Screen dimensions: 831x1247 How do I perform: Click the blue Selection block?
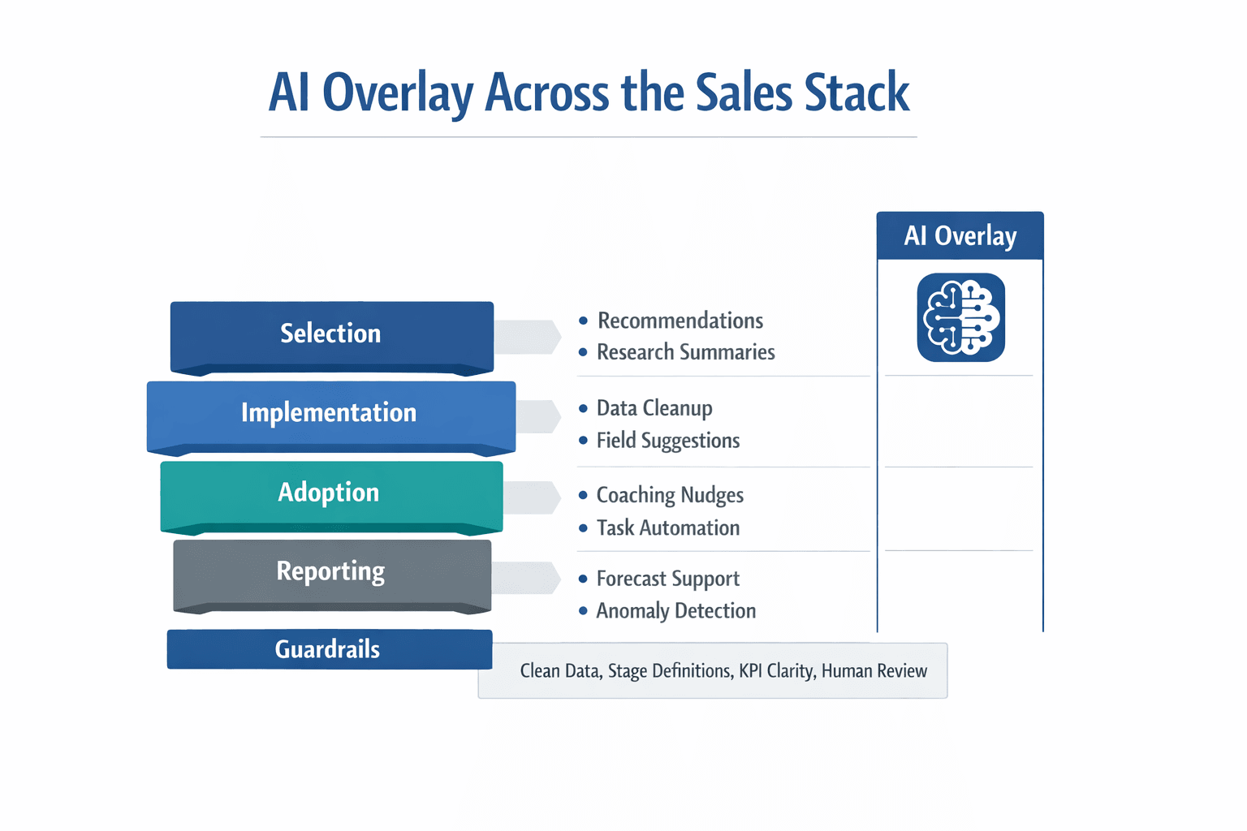[x=331, y=334]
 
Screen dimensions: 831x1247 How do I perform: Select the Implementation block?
[x=330, y=413]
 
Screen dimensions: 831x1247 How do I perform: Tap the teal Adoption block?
[x=330, y=493]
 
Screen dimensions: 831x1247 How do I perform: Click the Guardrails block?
[x=329, y=649]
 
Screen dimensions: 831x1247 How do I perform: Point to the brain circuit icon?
[x=960, y=317]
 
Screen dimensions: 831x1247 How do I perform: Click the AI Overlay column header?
[x=960, y=236]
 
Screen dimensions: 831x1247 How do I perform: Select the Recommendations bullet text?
[x=680, y=321]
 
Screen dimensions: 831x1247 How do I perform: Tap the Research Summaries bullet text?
[x=685, y=352]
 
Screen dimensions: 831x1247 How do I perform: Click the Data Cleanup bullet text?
[x=654, y=408]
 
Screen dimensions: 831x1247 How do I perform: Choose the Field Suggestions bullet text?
[x=667, y=441]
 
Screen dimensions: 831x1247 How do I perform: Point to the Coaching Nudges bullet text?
[x=669, y=495]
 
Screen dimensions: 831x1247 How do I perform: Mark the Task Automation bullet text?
[x=667, y=528]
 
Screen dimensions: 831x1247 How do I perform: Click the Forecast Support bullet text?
[x=667, y=579]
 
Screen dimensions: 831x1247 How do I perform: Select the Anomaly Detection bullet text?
[x=675, y=611]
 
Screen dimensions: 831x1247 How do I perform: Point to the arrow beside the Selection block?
[x=528, y=337]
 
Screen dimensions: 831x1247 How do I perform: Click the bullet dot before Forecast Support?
[x=583, y=579]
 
